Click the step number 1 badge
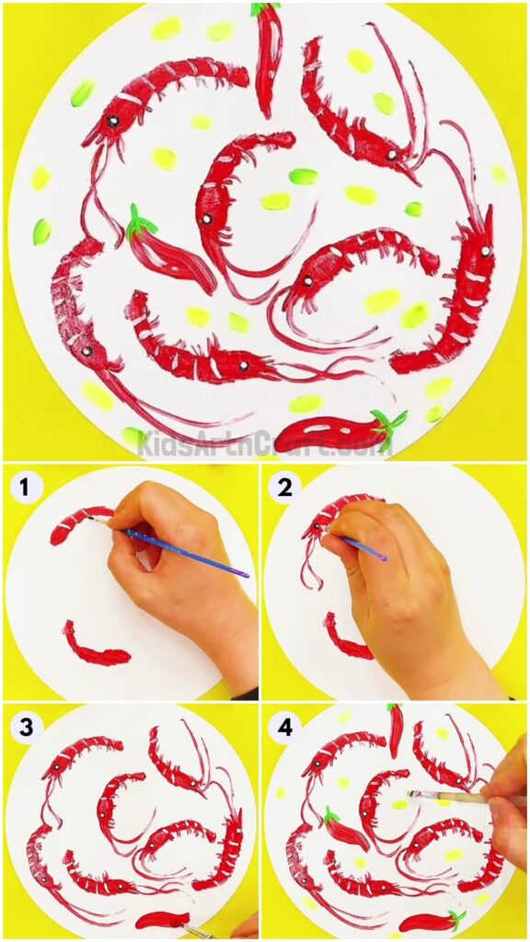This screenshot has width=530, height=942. pos(25,485)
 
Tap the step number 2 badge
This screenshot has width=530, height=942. pos(285,486)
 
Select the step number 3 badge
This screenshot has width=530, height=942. pos(26,727)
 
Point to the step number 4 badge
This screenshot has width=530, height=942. pos(285,727)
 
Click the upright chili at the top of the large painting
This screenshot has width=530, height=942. pos(267,55)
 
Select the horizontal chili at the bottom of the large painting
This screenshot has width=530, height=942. pos(327,432)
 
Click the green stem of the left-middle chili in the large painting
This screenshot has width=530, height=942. pos(141,221)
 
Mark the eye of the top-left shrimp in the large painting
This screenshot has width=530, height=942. pos(112,121)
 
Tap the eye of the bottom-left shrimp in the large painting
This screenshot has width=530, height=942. pos(85,351)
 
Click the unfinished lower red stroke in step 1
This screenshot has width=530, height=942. pos(94,649)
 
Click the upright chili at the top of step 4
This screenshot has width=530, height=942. pos(396,727)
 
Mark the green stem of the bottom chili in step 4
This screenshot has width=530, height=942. pos(455,917)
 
